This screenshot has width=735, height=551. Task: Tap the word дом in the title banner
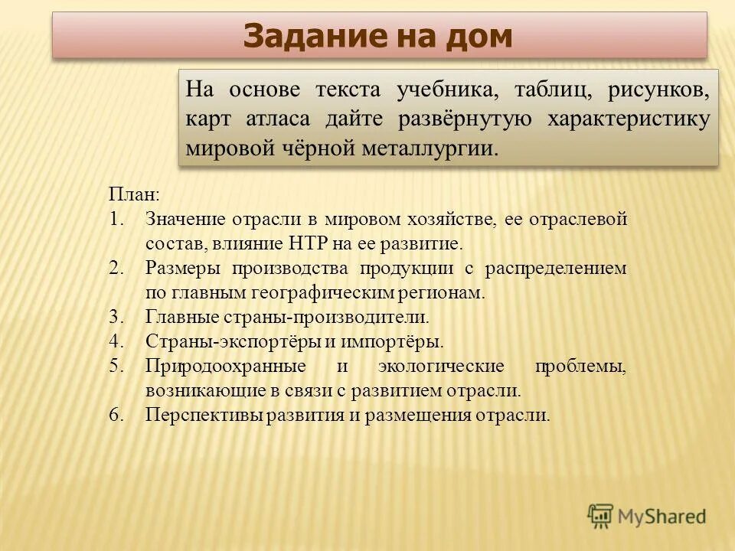click(x=479, y=36)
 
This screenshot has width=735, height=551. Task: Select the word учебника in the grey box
click(x=446, y=90)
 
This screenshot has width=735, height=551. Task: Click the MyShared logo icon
click(x=600, y=517)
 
